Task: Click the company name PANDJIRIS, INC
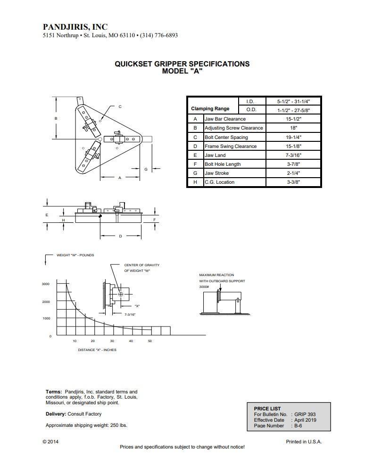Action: tap(75, 27)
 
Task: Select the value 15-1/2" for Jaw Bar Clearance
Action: tap(293, 119)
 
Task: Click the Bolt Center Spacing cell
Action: tap(226, 138)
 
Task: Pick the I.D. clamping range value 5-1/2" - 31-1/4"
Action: tap(293, 101)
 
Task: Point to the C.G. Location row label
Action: tap(219, 182)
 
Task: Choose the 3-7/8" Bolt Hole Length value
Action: tap(293, 164)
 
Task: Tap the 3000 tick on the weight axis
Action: tap(46, 284)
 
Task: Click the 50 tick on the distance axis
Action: tap(150, 341)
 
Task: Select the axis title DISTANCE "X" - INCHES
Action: tap(97, 350)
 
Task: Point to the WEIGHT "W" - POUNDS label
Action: tap(75, 255)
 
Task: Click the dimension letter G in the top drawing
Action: tap(146, 169)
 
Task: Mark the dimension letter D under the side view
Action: tap(120, 236)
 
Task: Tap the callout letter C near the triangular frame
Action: tap(120, 107)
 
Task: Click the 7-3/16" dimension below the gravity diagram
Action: tap(130, 314)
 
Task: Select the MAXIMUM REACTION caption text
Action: tap(216, 275)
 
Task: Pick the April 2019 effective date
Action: tap(305, 420)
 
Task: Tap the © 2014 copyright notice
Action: tap(50, 442)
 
